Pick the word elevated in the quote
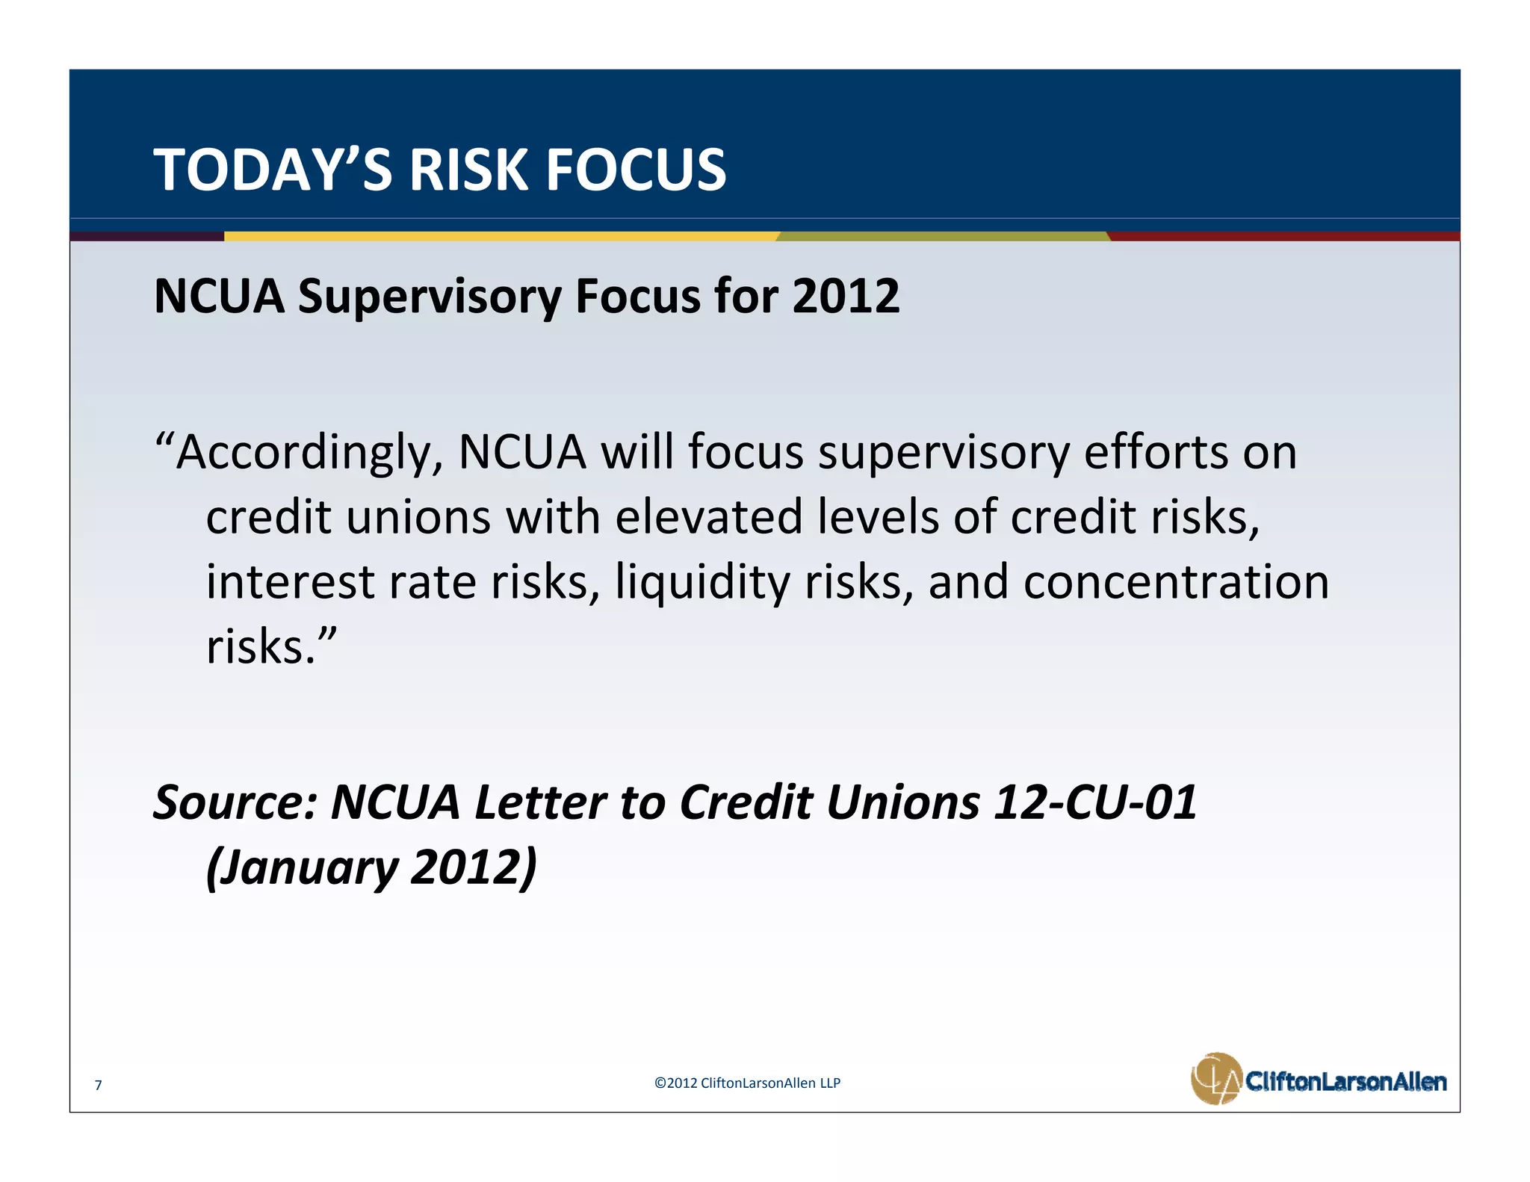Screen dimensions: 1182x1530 point(708,517)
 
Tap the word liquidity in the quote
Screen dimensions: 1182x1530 point(702,583)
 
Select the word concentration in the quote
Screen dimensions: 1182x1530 point(1176,582)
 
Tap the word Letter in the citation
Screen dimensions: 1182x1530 point(540,802)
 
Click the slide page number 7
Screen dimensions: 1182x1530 point(98,1085)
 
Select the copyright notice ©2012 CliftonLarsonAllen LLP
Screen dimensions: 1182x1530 point(747,1083)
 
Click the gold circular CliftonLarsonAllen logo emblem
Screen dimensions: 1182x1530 point(1215,1078)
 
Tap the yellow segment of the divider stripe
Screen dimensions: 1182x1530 point(501,236)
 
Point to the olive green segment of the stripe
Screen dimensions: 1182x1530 point(943,236)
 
